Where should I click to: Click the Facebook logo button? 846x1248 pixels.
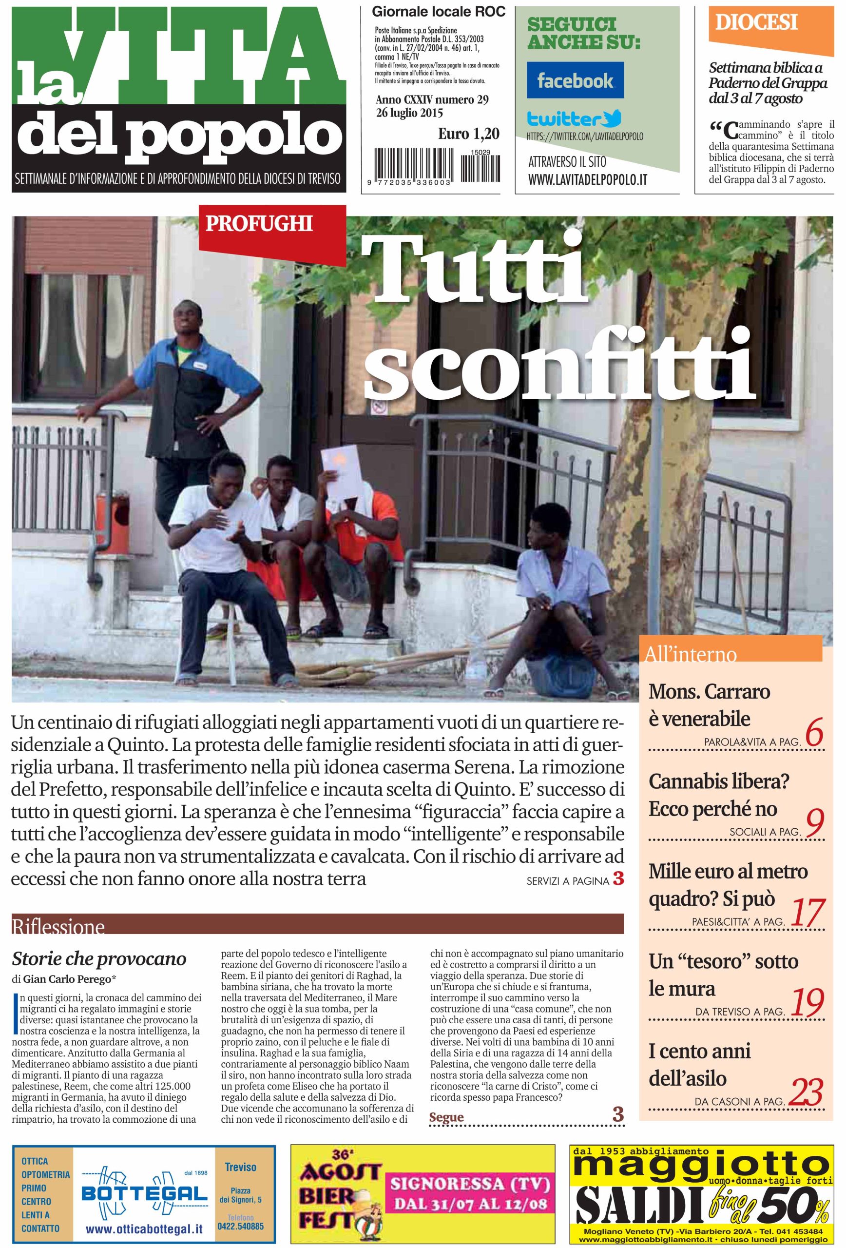pyautogui.click(x=575, y=80)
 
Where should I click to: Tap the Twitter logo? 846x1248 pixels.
pyautogui.click(x=574, y=118)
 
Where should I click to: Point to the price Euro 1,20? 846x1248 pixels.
pyautogui.click(x=468, y=133)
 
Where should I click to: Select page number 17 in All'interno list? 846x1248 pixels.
pyautogui.click(x=808, y=913)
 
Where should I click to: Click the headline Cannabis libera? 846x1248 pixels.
pyautogui.click(x=719, y=781)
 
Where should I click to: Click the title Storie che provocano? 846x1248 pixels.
pyautogui.click(x=99, y=958)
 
